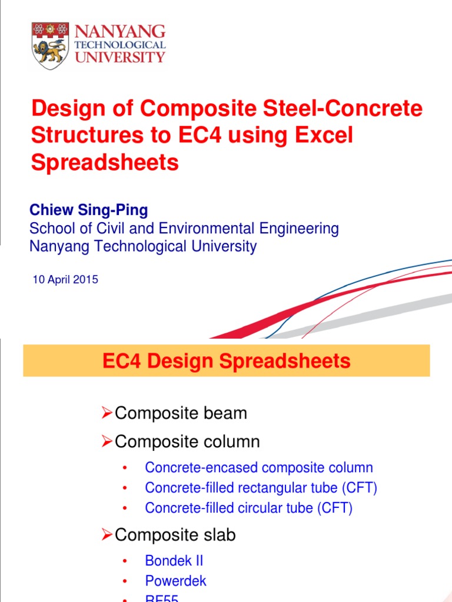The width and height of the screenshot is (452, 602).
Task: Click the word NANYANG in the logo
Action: click(x=119, y=32)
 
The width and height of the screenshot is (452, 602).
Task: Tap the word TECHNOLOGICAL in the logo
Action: click(x=119, y=45)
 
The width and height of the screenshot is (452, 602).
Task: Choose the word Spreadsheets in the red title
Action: click(x=105, y=162)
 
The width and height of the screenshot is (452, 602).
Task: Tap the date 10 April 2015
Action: click(x=65, y=280)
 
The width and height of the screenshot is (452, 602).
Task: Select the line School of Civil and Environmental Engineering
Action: click(x=184, y=228)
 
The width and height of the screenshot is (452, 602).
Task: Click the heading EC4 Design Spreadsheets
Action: click(x=226, y=361)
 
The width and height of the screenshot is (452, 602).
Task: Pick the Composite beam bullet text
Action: click(x=181, y=413)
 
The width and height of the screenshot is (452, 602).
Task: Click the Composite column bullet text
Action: click(x=187, y=441)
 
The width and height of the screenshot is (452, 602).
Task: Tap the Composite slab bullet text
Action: click(x=175, y=534)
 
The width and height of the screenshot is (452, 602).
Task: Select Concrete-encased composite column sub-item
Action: click(x=258, y=468)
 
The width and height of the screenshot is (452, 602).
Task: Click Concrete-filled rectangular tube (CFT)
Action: click(x=261, y=488)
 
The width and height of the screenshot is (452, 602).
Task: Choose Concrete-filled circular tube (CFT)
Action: click(x=248, y=508)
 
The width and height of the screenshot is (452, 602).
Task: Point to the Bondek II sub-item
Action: click(x=174, y=561)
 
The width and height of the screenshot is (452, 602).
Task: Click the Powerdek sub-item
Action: click(x=175, y=581)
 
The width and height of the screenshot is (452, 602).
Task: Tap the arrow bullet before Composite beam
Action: click(x=107, y=413)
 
